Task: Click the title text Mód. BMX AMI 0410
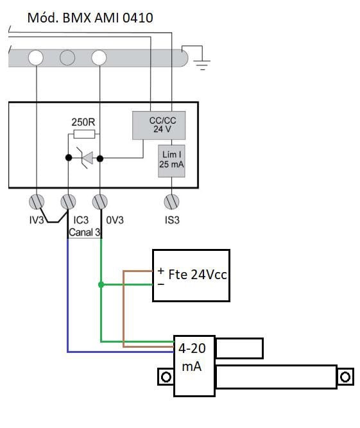pyautogui.click(x=90, y=18)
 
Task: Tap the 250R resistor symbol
pyautogui.click(x=84, y=134)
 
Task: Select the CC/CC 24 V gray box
pyautogui.click(x=159, y=125)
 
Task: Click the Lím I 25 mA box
pyautogui.click(x=171, y=161)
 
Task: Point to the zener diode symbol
pyautogui.click(x=85, y=158)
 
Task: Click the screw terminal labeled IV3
pyautogui.click(x=37, y=201)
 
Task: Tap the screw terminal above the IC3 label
pyautogui.click(x=68, y=201)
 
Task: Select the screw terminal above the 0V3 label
pyautogui.click(x=100, y=201)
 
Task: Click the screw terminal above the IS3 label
pyautogui.click(x=172, y=201)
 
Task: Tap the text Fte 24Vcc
pyautogui.click(x=198, y=275)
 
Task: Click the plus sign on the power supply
pyautogui.click(x=161, y=271)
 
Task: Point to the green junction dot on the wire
pyautogui.click(x=101, y=285)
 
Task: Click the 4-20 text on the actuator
pyautogui.click(x=192, y=348)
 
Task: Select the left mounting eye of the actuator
pyautogui.click(x=166, y=377)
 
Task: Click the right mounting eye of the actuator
pyautogui.click(x=345, y=377)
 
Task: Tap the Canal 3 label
pyautogui.click(x=85, y=232)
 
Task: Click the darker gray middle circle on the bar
pyautogui.click(x=67, y=58)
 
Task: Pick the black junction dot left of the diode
pyautogui.click(x=69, y=157)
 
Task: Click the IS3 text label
pyautogui.click(x=172, y=219)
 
